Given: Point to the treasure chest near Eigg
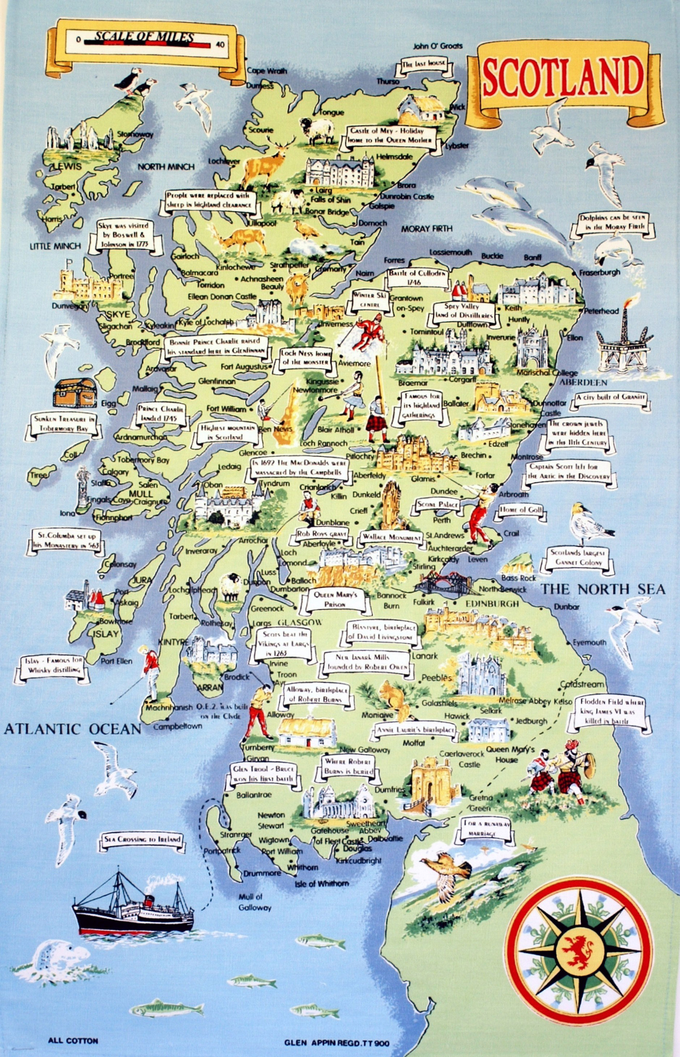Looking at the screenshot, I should (x=75, y=392).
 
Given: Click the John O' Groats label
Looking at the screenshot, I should (x=438, y=46).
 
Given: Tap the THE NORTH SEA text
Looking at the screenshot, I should (x=603, y=589).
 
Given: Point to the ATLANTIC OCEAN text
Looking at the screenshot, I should (x=72, y=729).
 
